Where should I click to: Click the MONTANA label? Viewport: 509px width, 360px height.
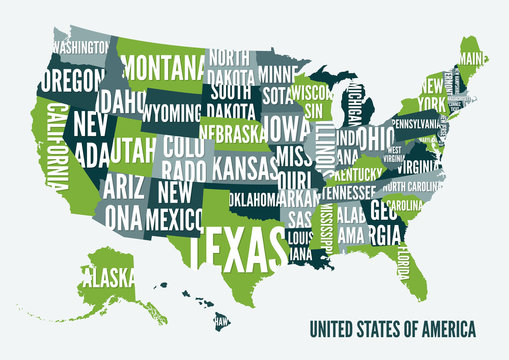tap(163, 69)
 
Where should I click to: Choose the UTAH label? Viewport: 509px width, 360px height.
tap(133, 151)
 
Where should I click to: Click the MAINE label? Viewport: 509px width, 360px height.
tap(473, 59)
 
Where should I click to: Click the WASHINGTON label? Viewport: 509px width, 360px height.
tap(81, 46)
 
